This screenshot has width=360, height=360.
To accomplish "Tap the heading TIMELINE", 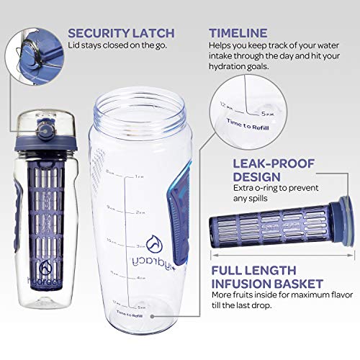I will click(x=238, y=32).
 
